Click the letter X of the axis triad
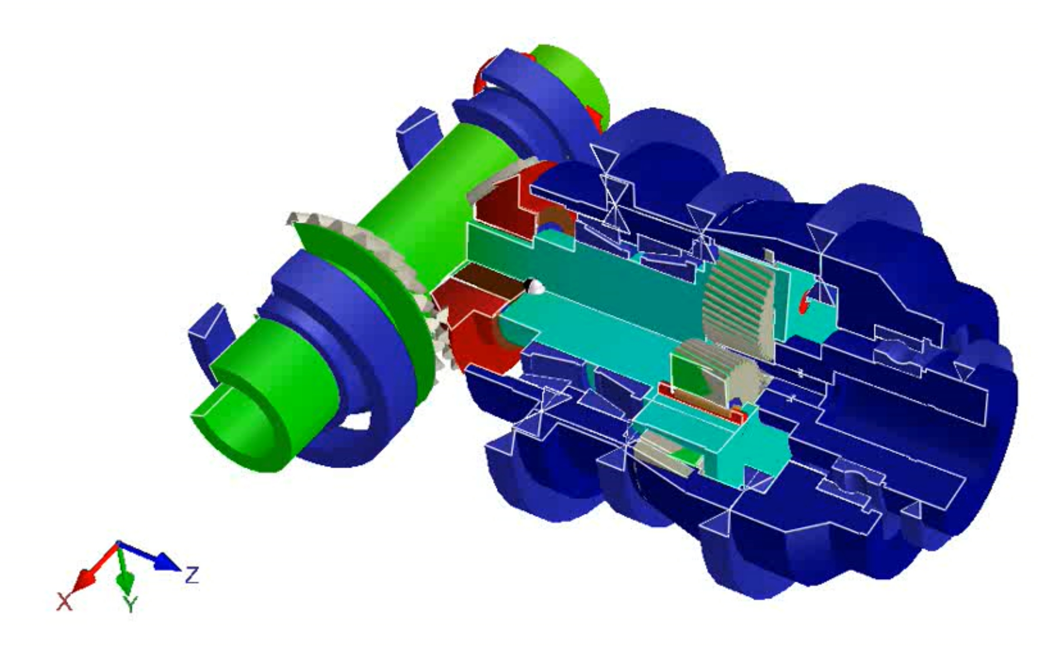tap(64, 601)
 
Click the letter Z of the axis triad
tap(192, 575)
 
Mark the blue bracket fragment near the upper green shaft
tap(417, 132)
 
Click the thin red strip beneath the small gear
tap(699, 402)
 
